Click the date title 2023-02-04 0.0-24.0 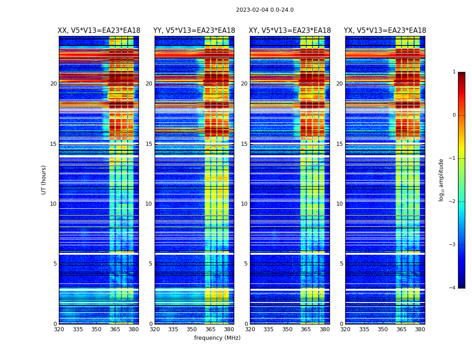(265, 10)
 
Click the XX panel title (99, 31)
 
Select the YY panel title (194, 31)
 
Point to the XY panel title (290, 31)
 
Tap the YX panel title (385, 31)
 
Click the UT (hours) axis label (44, 180)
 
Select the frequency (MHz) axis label (217, 338)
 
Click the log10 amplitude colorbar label (441, 180)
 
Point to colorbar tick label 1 (454, 72)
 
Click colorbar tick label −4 (453, 288)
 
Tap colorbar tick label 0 (454, 115)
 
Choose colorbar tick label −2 (453, 202)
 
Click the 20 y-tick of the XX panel (53, 84)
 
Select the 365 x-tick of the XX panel (115, 329)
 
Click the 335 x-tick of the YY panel (173, 329)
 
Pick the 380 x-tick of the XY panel (325, 329)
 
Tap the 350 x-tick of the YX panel (383, 329)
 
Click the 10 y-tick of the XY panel (244, 204)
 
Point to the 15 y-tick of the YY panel (149, 144)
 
